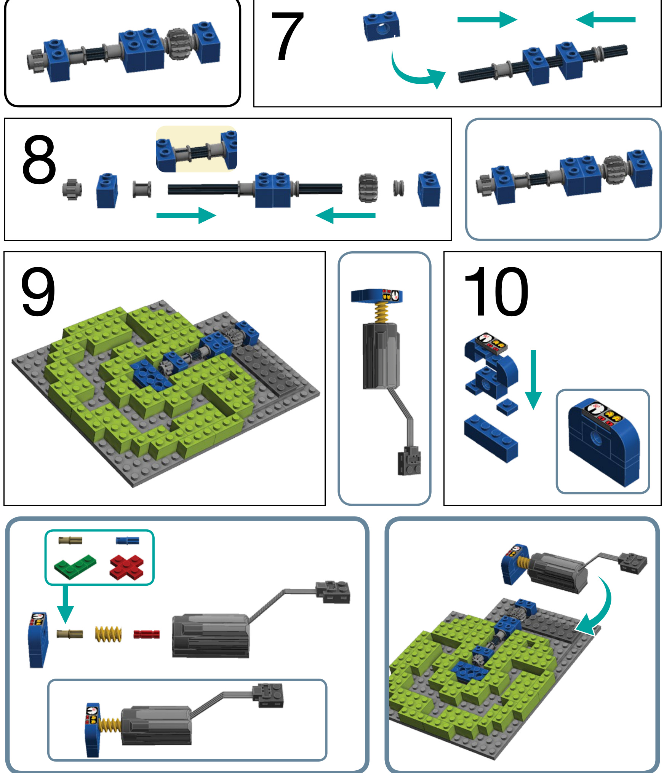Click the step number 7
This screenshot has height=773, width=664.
[287, 36]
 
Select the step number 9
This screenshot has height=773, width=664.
[38, 292]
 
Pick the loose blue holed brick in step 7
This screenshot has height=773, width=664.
[382, 26]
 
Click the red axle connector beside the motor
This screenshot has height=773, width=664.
[147, 634]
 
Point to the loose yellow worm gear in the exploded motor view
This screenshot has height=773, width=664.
[109, 634]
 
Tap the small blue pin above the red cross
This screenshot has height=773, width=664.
[128, 540]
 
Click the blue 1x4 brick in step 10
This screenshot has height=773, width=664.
[491, 438]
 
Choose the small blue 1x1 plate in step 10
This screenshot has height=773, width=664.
[507, 407]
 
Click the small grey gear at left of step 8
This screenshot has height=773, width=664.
[72, 189]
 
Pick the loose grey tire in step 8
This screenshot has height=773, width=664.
[368, 188]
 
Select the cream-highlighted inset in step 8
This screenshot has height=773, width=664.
[197, 149]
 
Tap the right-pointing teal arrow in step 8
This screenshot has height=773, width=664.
[186, 215]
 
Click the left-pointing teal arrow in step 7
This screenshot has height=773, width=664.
[605, 20]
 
